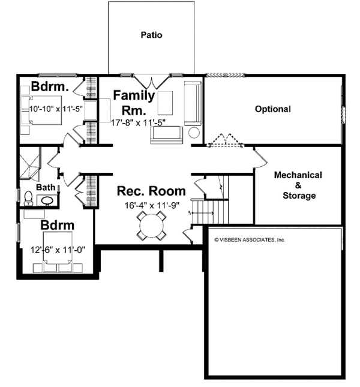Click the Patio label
(x=151, y=35)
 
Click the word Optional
(x=272, y=109)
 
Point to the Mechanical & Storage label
(x=298, y=185)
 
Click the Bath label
(x=46, y=188)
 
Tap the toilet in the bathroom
(x=28, y=197)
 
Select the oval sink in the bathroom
(x=47, y=200)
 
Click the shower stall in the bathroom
(x=30, y=163)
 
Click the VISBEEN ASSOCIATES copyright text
(x=250, y=239)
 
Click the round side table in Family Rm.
(x=194, y=133)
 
